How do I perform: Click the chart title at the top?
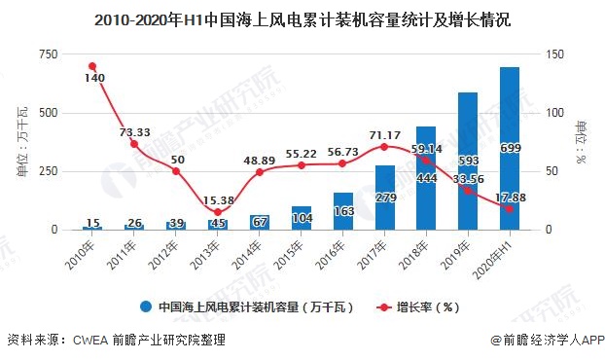pos(302,18)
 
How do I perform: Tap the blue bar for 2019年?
pos(468,161)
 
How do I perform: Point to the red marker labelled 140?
pos(92,66)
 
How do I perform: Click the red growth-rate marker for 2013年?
pos(217,212)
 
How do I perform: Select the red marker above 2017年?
pos(384,147)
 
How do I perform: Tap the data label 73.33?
pos(133,131)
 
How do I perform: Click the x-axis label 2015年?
pos(288,255)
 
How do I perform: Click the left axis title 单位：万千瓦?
pos(21,142)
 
